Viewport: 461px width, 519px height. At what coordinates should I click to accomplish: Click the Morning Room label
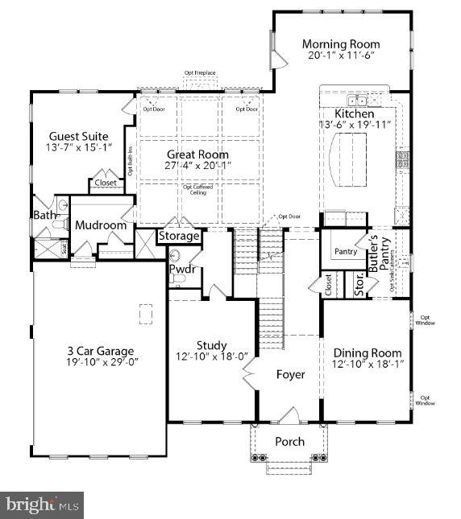click(x=341, y=43)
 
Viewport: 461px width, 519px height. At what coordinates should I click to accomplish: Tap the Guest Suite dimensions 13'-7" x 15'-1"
click(x=79, y=148)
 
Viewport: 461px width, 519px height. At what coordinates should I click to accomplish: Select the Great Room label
click(x=197, y=154)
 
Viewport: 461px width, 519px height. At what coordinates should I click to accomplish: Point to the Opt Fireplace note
click(x=200, y=73)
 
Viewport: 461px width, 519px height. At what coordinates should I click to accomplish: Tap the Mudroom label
click(x=101, y=226)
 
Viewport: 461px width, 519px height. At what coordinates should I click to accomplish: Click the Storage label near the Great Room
click(x=178, y=237)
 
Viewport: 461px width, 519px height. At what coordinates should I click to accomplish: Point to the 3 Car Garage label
click(x=100, y=351)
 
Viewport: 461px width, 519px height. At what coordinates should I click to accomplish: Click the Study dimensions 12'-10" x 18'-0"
click(x=212, y=357)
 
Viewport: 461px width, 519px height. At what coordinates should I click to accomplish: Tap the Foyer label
click(x=290, y=375)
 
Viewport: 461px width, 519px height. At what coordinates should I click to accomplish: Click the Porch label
click(x=289, y=442)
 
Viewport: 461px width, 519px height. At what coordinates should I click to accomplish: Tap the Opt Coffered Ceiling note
click(x=198, y=190)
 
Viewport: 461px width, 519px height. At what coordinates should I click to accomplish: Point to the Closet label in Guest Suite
click(x=105, y=183)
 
